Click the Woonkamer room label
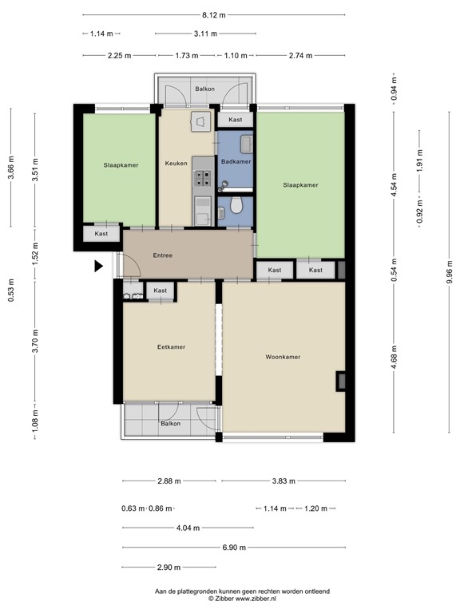click(x=283, y=357)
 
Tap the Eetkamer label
click(x=172, y=346)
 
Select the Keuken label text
click(x=176, y=163)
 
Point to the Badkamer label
click(x=236, y=161)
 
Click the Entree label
click(x=163, y=255)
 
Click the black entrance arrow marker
click(x=98, y=267)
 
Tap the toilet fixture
click(x=236, y=205)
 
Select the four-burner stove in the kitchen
click(x=204, y=178)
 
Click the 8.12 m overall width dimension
click(x=213, y=15)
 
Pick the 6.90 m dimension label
click(x=234, y=548)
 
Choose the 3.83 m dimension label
click(x=284, y=481)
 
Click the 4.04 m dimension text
click(x=188, y=528)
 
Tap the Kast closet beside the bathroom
click(x=236, y=120)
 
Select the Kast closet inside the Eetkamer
click(x=161, y=291)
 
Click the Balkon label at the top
click(x=205, y=89)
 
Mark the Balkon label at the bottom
click(x=171, y=423)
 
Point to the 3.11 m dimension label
click(x=205, y=34)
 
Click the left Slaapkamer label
click(x=121, y=165)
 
